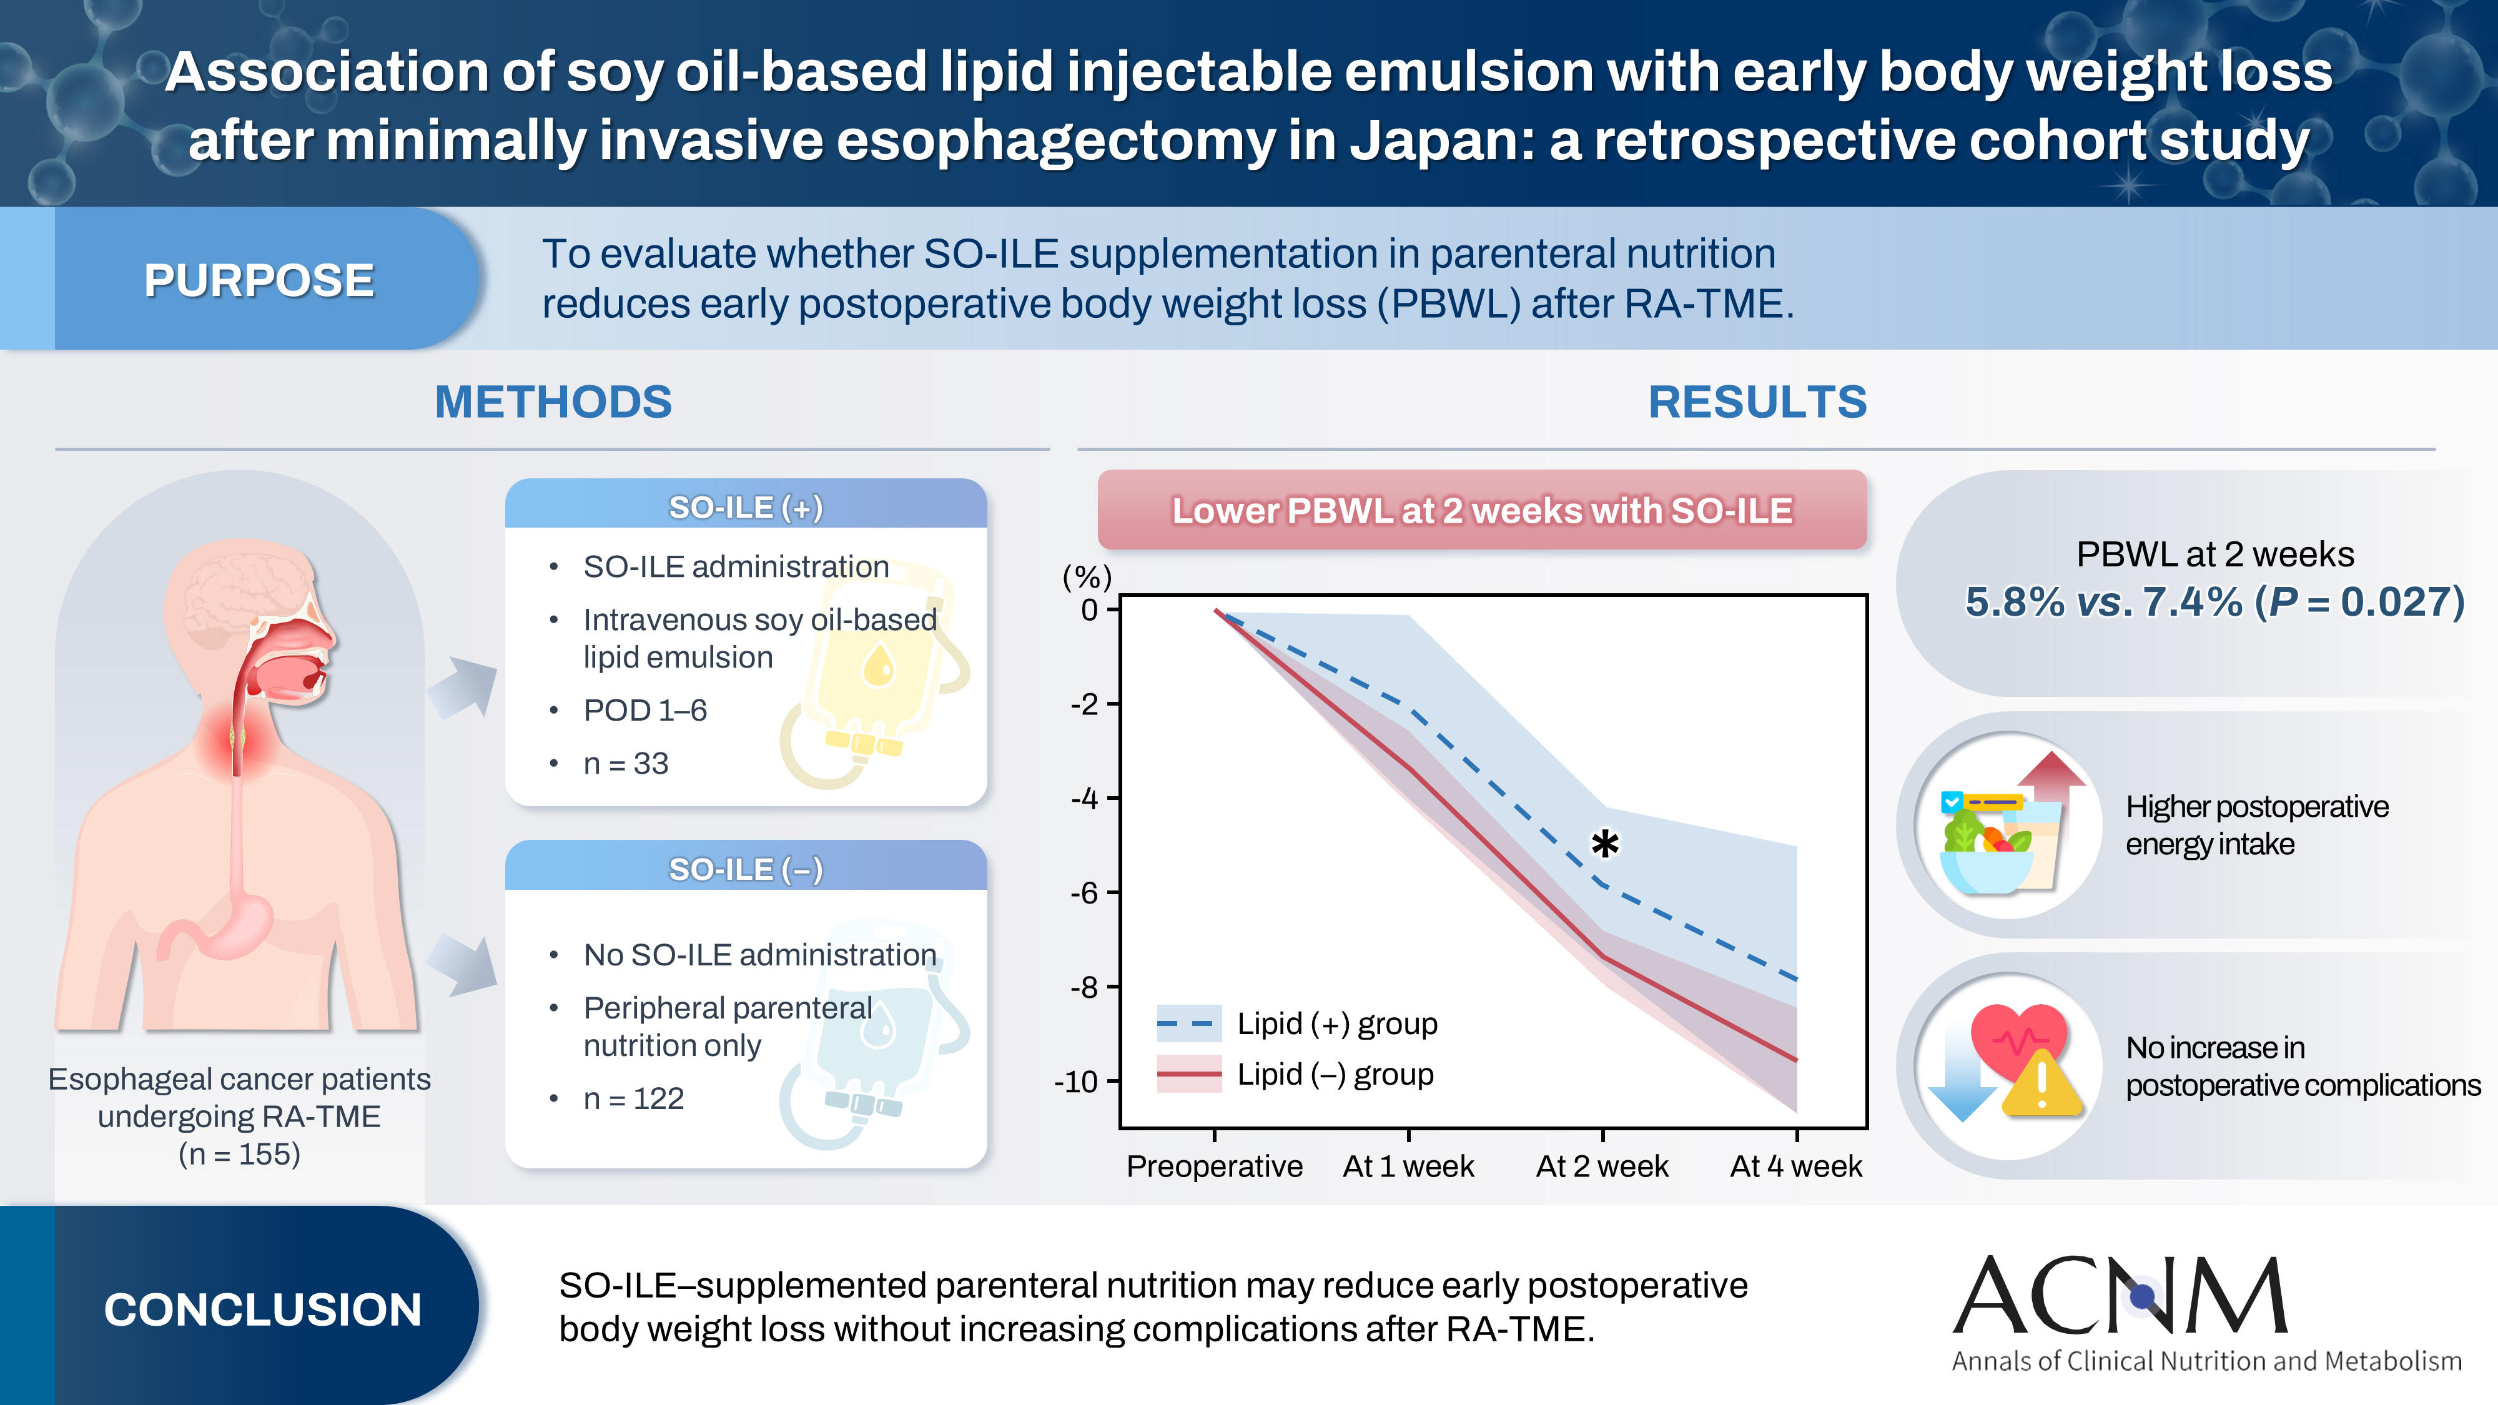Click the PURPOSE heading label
pos(259,280)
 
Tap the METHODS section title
pos(553,402)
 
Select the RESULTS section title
pos(1757,402)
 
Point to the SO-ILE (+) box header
pos(746,507)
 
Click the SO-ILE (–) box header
pos(746,869)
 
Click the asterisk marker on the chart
pos(1605,844)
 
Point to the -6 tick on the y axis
pos(1085,893)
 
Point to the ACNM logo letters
pos(2120,1296)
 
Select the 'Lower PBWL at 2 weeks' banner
pos(1482,511)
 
